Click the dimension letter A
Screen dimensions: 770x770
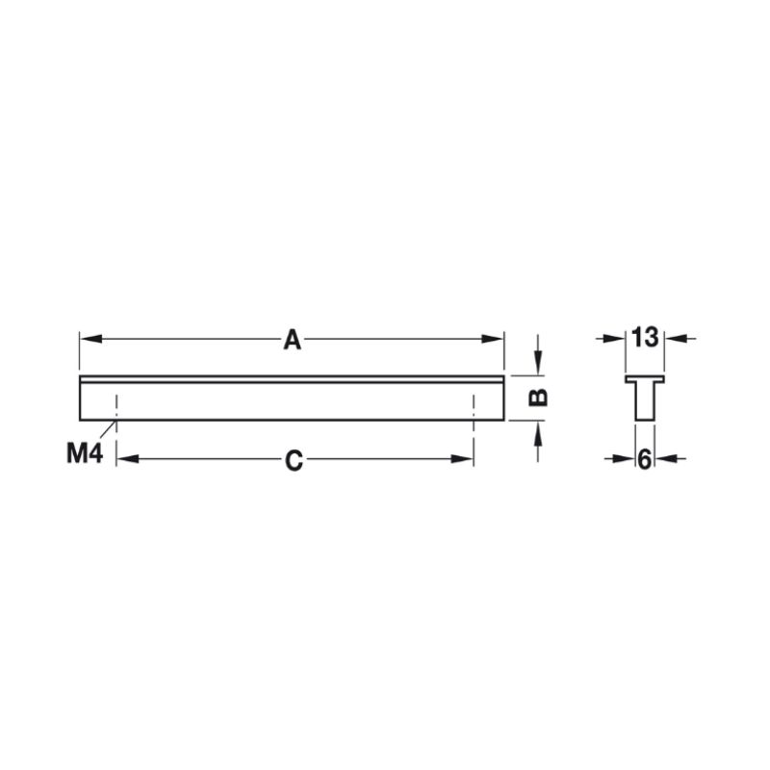pyautogui.click(x=293, y=340)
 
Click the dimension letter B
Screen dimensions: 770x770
pyautogui.click(x=538, y=397)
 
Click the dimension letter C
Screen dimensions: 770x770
pyautogui.click(x=295, y=461)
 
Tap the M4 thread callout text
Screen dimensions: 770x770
pyautogui.click(x=85, y=452)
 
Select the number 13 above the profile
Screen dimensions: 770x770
pyautogui.click(x=645, y=338)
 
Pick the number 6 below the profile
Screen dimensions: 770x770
pyautogui.click(x=644, y=460)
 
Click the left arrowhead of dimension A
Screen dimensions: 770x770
pyautogui.click(x=91, y=339)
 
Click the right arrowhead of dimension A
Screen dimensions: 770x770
pyautogui.click(x=493, y=339)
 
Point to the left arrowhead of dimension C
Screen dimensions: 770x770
pyautogui.click(x=128, y=459)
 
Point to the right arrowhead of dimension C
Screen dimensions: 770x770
pyautogui.click(x=462, y=459)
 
